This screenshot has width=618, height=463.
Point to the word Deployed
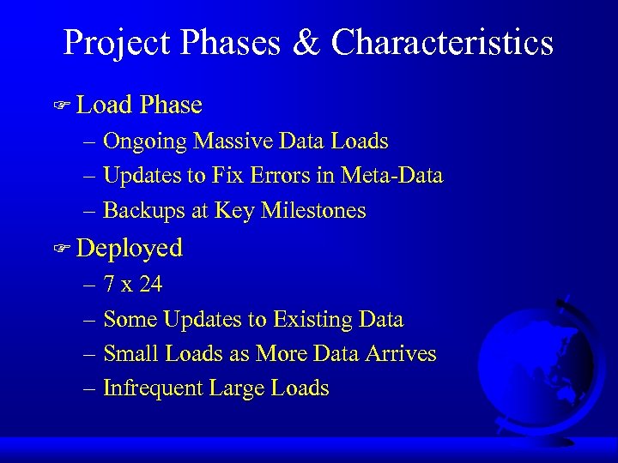[130, 249]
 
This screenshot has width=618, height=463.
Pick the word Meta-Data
[391, 176]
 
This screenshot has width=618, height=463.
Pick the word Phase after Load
[171, 105]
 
